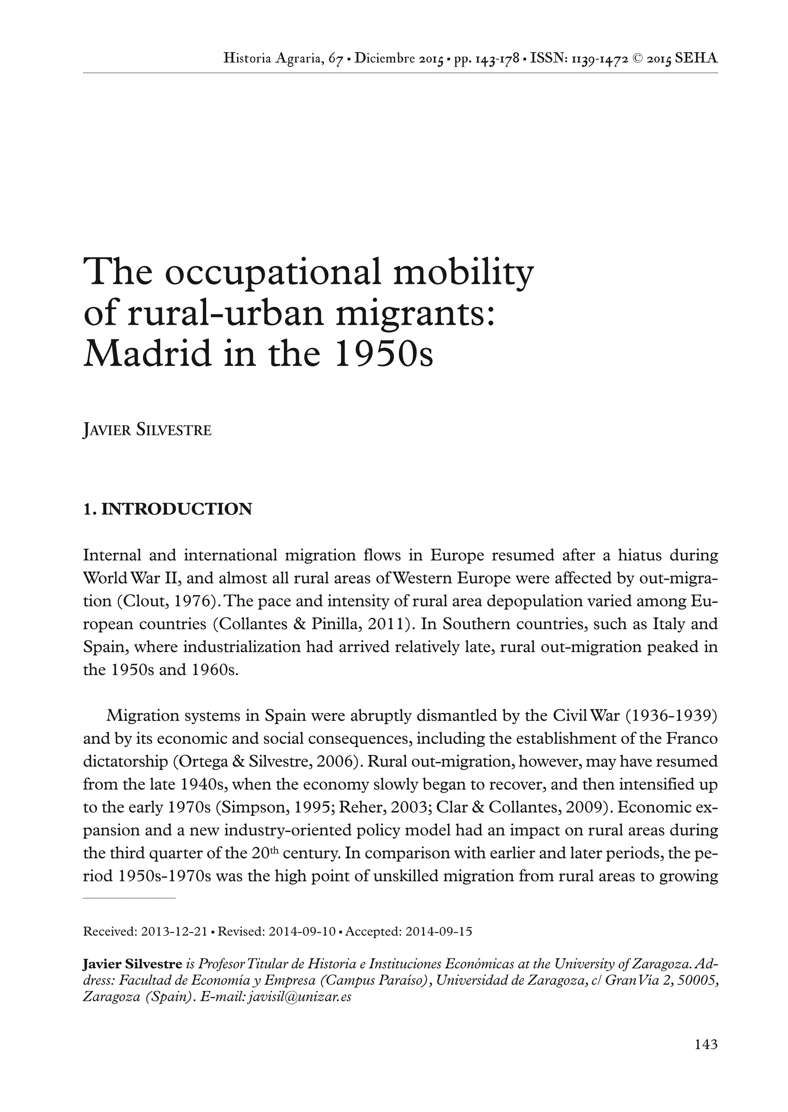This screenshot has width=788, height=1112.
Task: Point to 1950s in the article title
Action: coord(383,354)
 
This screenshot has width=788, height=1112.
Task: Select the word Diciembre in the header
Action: coord(385,59)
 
